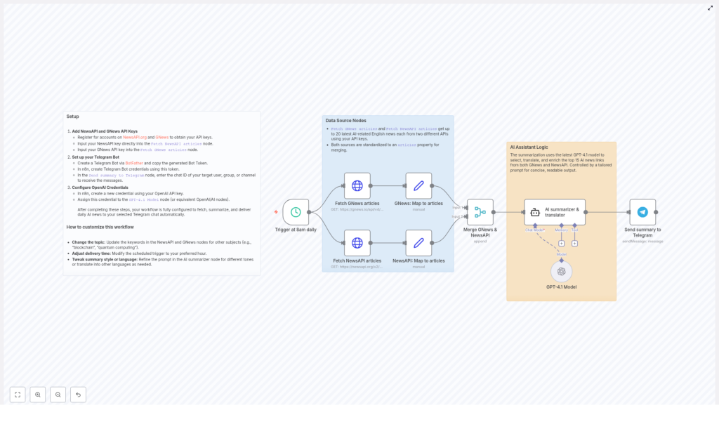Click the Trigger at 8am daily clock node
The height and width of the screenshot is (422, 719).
(296, 212)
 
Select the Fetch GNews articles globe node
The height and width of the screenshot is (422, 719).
(357, 186)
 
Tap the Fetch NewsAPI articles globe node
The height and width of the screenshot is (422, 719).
(357, 243)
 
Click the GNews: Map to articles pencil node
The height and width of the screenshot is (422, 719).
(418, 186)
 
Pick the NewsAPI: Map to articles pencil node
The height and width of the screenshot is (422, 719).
(418, 243)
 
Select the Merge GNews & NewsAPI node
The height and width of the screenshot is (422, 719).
(480, 212)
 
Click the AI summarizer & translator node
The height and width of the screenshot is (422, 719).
(554, 212)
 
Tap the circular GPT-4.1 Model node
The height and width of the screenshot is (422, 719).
(561, 271)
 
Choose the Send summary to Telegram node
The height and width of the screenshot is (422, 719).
(642, 212)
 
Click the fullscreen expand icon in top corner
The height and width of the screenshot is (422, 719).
(710, 8)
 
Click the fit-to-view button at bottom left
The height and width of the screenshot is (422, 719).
(18, 395)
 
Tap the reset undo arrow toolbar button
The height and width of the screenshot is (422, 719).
(78, 395)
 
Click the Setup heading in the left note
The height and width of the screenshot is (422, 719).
(73, 117)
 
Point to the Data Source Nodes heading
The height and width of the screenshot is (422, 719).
(345, 121)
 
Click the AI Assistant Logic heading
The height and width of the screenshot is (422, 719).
(529, 147)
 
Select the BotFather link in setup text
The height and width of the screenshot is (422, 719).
(133, 163)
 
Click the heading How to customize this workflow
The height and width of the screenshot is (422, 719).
(100, 227)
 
